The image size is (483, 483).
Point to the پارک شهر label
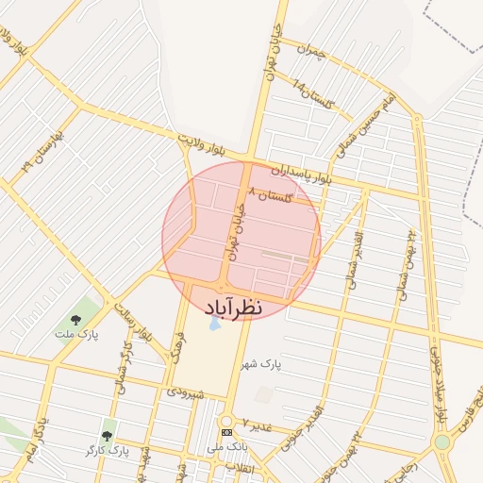pos(260,364)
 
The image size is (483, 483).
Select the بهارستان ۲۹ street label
pos(34,153)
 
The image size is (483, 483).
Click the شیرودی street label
pos(186,389)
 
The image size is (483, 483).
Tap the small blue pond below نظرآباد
pos(216,324)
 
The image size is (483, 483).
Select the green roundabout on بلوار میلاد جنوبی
pos(442,441)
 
